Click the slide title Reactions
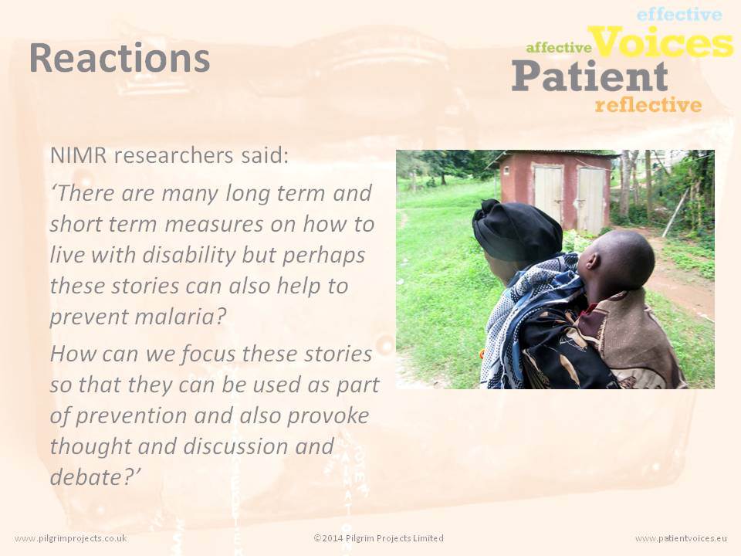(x=120, y=58)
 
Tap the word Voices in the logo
(x=661, y=42)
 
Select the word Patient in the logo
(x=590, y=76)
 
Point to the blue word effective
(x=679, y=15)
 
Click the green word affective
(x=559, y=47)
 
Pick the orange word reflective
(x=648, y=105)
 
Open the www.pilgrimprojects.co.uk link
(x=71, y=538)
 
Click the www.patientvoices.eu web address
(x=681, y=538)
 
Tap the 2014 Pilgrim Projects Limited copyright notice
(x=378, y=538)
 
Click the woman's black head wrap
(x=516, y=231)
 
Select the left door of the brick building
(x=548, y=195)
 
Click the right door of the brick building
(x=590, y=199)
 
